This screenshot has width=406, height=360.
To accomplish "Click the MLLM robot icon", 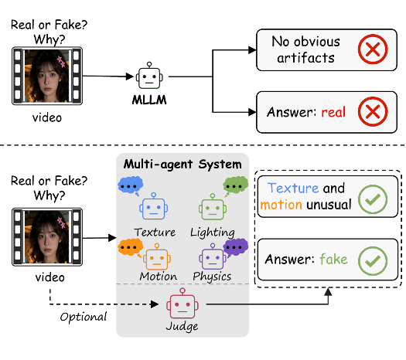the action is tap(149, 76).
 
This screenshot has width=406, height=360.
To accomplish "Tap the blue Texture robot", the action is tap(154, 206).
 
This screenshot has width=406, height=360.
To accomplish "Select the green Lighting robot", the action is tap(213, 207).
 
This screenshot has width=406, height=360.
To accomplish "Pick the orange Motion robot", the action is tap(157, 256).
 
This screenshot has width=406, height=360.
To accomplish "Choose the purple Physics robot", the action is tap(213, 256).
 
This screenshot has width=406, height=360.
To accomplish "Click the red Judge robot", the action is tap(183, 304).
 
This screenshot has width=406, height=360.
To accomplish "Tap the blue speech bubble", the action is tap(131, 185).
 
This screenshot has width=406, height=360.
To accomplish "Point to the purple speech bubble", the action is tap(235, 247).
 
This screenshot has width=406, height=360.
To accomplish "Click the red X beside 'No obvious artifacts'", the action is tap(373, 49).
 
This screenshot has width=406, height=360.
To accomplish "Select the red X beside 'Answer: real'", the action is tap(373, 111).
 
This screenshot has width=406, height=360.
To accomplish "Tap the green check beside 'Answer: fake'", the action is tap(373, 261).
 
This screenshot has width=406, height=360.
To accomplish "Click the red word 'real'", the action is tap(333, 112).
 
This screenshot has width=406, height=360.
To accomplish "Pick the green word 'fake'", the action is tap(333, 259).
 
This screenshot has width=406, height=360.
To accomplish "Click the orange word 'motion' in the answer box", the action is tap(281, 205).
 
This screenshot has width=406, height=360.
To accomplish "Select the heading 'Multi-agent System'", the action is tap(183, 165).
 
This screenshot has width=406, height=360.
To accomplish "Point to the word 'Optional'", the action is tap(83, 317).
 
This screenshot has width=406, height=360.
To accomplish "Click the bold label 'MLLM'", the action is tap(149, 100).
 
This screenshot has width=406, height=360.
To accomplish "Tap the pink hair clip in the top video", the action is tap(61, 62).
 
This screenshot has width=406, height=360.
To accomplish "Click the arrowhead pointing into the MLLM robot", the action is tap(130, 76).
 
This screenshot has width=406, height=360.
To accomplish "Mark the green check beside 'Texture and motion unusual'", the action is tap(373, 199).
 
